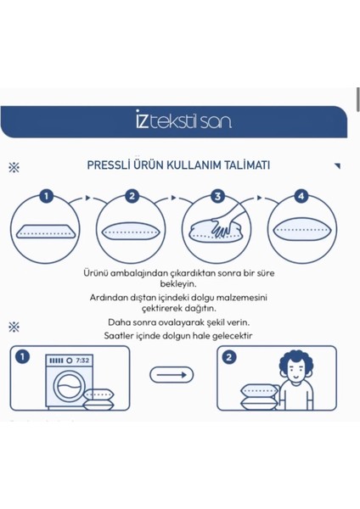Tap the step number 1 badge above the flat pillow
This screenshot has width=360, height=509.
tap(47, 197)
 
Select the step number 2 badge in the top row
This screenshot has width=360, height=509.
tap(132, 197)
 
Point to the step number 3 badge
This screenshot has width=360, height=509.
tap(217, 197)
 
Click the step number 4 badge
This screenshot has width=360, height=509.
tap(300, 197)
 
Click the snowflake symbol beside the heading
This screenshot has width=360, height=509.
tap(14, 167)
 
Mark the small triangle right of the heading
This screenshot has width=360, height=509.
tap(336, 166)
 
